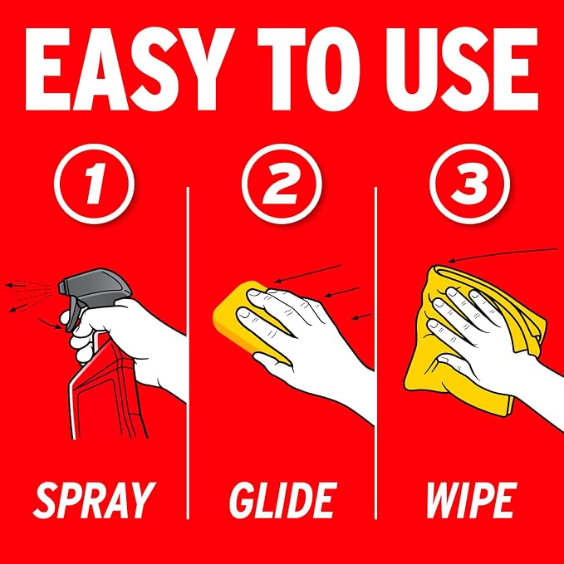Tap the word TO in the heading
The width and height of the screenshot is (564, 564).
click(x=308, y=69)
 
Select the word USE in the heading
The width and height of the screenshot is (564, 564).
click(x=462, y=69)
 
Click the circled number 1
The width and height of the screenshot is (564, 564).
click(x=94, y=184)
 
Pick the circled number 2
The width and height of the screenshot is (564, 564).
click(x=282, y=184)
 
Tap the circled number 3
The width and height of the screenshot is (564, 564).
click(x=469, y=184)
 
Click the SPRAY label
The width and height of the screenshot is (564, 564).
click(x=94, y=500)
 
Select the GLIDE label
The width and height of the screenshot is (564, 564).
click(x=282, y=500)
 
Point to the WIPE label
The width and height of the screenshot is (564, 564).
click(x=471, y=500)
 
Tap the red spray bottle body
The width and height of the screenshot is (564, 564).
click(x=108, y=392)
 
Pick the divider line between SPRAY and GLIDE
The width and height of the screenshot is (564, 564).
click(x=188, y=353)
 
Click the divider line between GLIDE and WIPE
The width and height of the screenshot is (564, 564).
click(x=375, y=353)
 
